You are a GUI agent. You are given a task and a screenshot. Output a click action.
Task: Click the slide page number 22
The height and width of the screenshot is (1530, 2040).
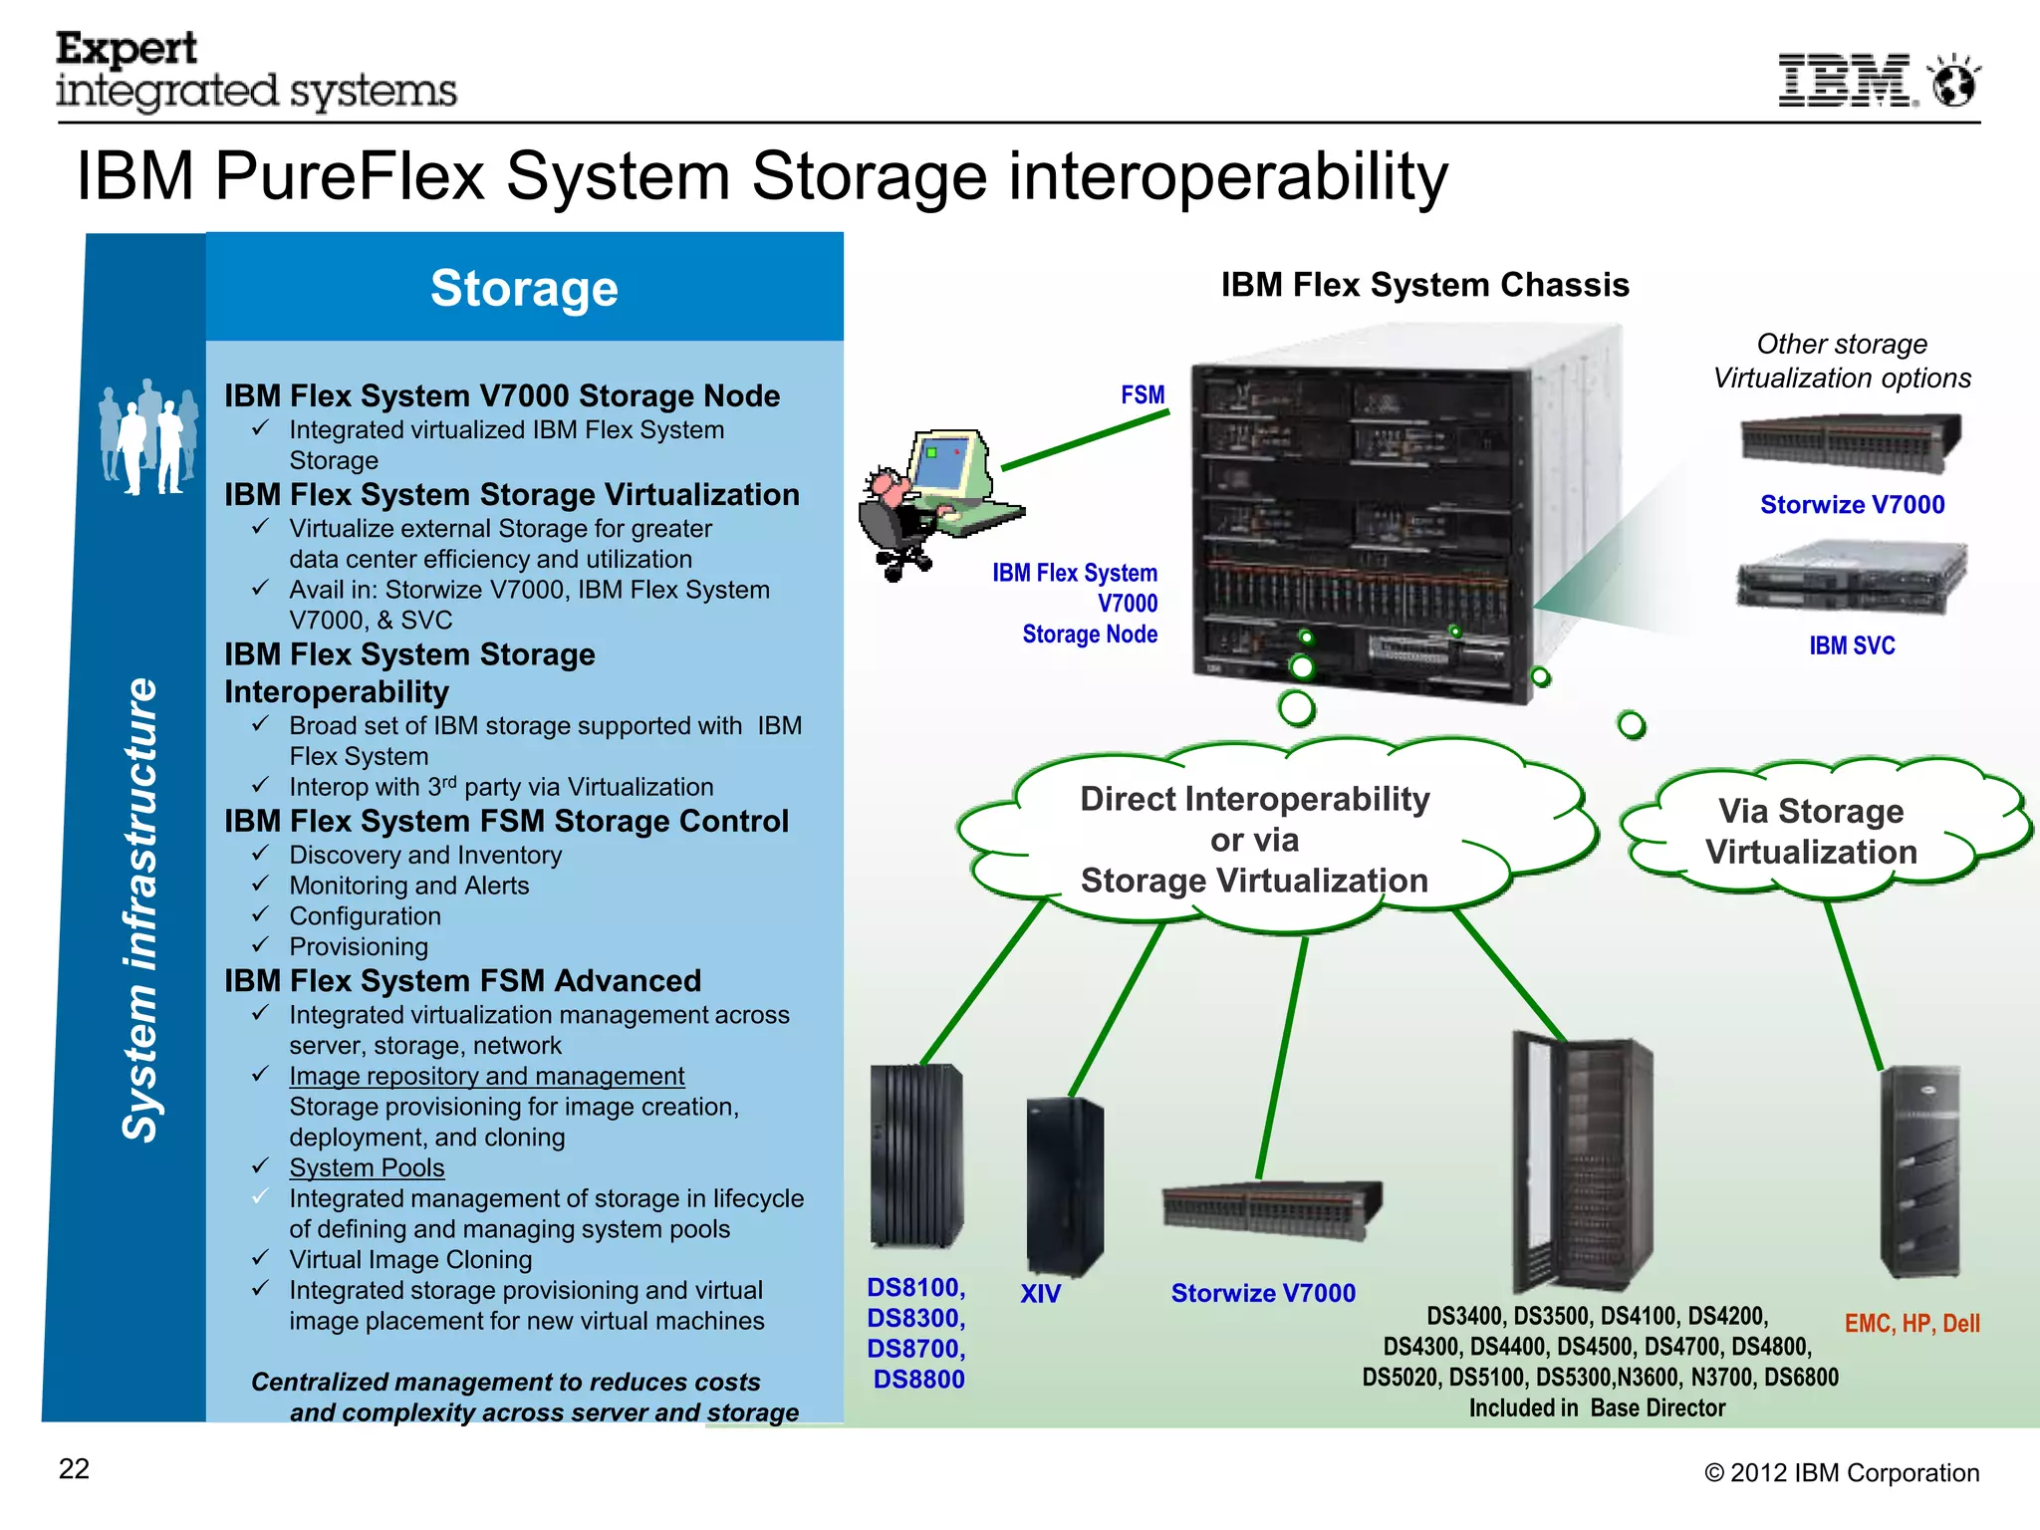tap(74, 1469)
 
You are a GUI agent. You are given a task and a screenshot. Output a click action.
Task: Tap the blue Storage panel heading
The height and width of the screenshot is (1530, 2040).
tap(524, 288)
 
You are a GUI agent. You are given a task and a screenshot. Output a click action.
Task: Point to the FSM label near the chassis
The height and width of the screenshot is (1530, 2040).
tap(1143, 395)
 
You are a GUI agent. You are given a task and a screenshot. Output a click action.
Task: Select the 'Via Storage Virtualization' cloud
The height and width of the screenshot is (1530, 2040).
tap(1811, 832)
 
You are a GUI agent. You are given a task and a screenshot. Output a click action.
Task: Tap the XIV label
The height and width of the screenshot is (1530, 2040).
tap(1040, 1294)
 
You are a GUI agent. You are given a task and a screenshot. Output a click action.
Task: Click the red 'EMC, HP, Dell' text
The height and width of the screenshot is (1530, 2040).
tap(1912, 1324)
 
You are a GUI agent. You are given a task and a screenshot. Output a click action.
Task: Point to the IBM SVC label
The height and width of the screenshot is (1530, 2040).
tap(1852, 645)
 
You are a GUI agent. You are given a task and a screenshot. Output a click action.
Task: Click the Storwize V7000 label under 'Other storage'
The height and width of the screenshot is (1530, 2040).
tap(1852, 505)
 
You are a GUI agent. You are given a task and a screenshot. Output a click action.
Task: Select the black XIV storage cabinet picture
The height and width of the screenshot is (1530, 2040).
tap(1064, 1185)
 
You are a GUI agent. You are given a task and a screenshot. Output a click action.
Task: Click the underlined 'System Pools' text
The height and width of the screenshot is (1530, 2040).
tap(367, 1167)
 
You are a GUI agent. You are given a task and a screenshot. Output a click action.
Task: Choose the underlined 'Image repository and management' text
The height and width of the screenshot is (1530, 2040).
tap(486, 1076)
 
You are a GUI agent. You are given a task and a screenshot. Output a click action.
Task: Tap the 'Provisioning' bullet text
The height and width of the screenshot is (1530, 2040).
tap(359, 946)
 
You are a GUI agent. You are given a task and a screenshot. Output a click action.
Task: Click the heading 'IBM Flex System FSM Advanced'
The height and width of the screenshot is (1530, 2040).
tap(462, 981)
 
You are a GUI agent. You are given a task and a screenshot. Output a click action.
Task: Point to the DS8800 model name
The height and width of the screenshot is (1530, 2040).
tap(918, 1380)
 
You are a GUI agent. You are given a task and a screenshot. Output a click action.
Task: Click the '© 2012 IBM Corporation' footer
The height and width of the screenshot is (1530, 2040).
tap(1841, 1473)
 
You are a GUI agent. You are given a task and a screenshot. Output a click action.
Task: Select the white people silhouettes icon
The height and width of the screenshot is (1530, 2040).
tap(148, 438)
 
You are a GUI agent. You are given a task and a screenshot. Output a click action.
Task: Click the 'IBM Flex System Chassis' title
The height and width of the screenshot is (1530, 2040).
tap(1424, 285)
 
